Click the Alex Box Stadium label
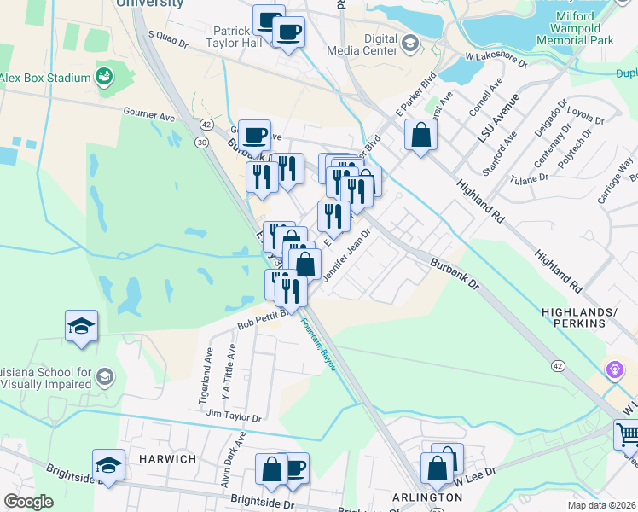pyautogui.click(x=45, y=79)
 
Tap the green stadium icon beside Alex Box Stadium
pyautogui.click(x=105, y=77)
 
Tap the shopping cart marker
pyautogui.click(x=628, y=435)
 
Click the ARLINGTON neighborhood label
pyautogui.click(x=403, y=497)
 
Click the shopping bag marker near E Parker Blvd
pyautogui.click(x=421, y=135)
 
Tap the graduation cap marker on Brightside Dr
pyautogui.click(x=108, y=466)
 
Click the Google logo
pyautogui.click(x=28, y=502)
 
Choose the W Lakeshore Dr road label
pyautogui.click(x=496, y=60)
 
